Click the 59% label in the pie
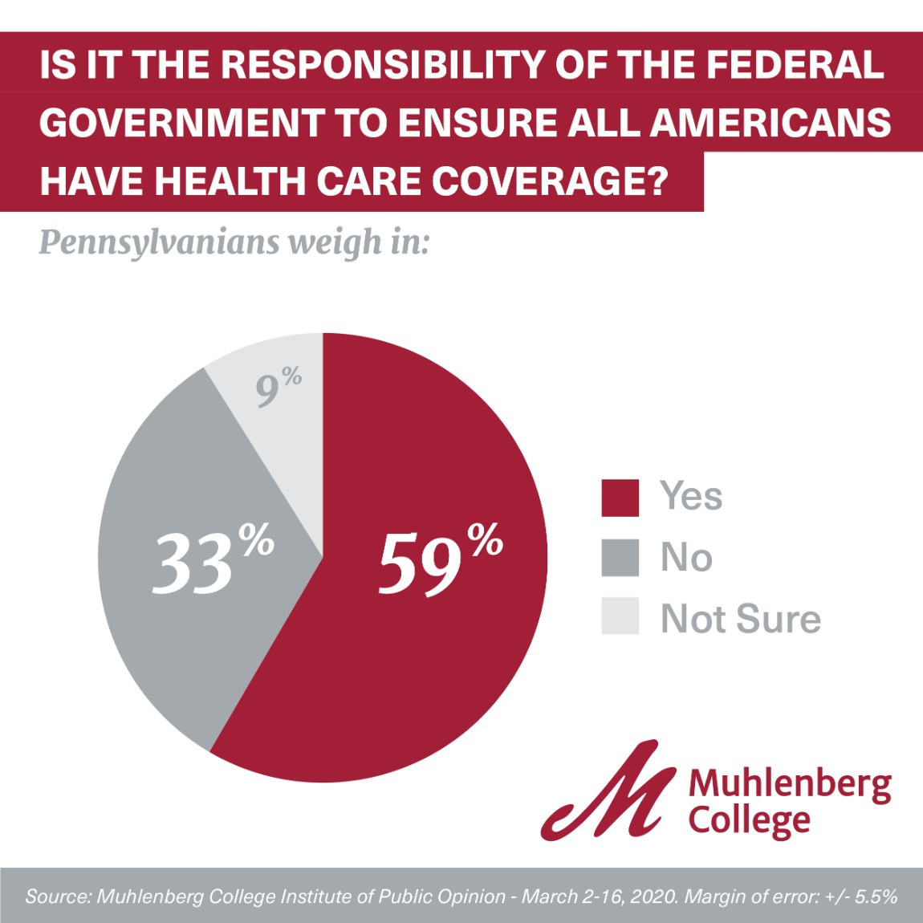(440, 561)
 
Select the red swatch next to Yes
(620, 498)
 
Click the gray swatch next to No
(620, 558)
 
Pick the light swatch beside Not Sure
(620, 616)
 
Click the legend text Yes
(690, 496)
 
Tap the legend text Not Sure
(740, 619)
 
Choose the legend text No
(686, 557)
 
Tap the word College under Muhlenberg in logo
(750, 820)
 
